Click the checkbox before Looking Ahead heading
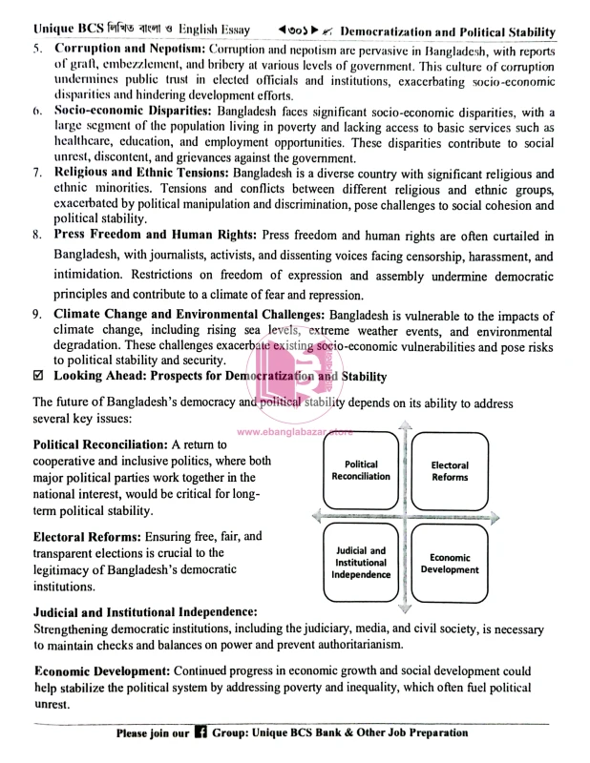pyautogui.click(x=38, y=378)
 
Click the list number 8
pyautogui.click(x=36, y=235)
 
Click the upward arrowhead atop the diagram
pyautogui.click(x=406, y=425)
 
